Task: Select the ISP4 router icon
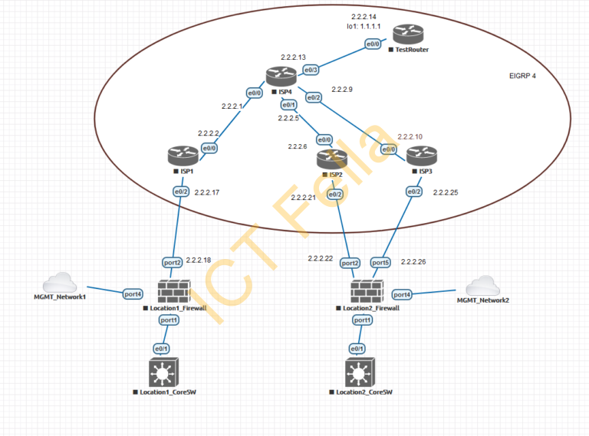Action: [x=281, y=76]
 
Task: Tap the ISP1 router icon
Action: [x=183, y=156]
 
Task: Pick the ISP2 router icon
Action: [x=332, y=159]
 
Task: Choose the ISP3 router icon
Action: [x=420, y=156]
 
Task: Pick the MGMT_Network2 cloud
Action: [x=483, y=286]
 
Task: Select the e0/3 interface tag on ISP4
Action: [x=311, y=70]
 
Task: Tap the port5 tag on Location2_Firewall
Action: [x=380, y=263]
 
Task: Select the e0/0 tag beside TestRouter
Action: [x=373, y=44]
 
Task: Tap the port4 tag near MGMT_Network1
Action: [x=133, y=293]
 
